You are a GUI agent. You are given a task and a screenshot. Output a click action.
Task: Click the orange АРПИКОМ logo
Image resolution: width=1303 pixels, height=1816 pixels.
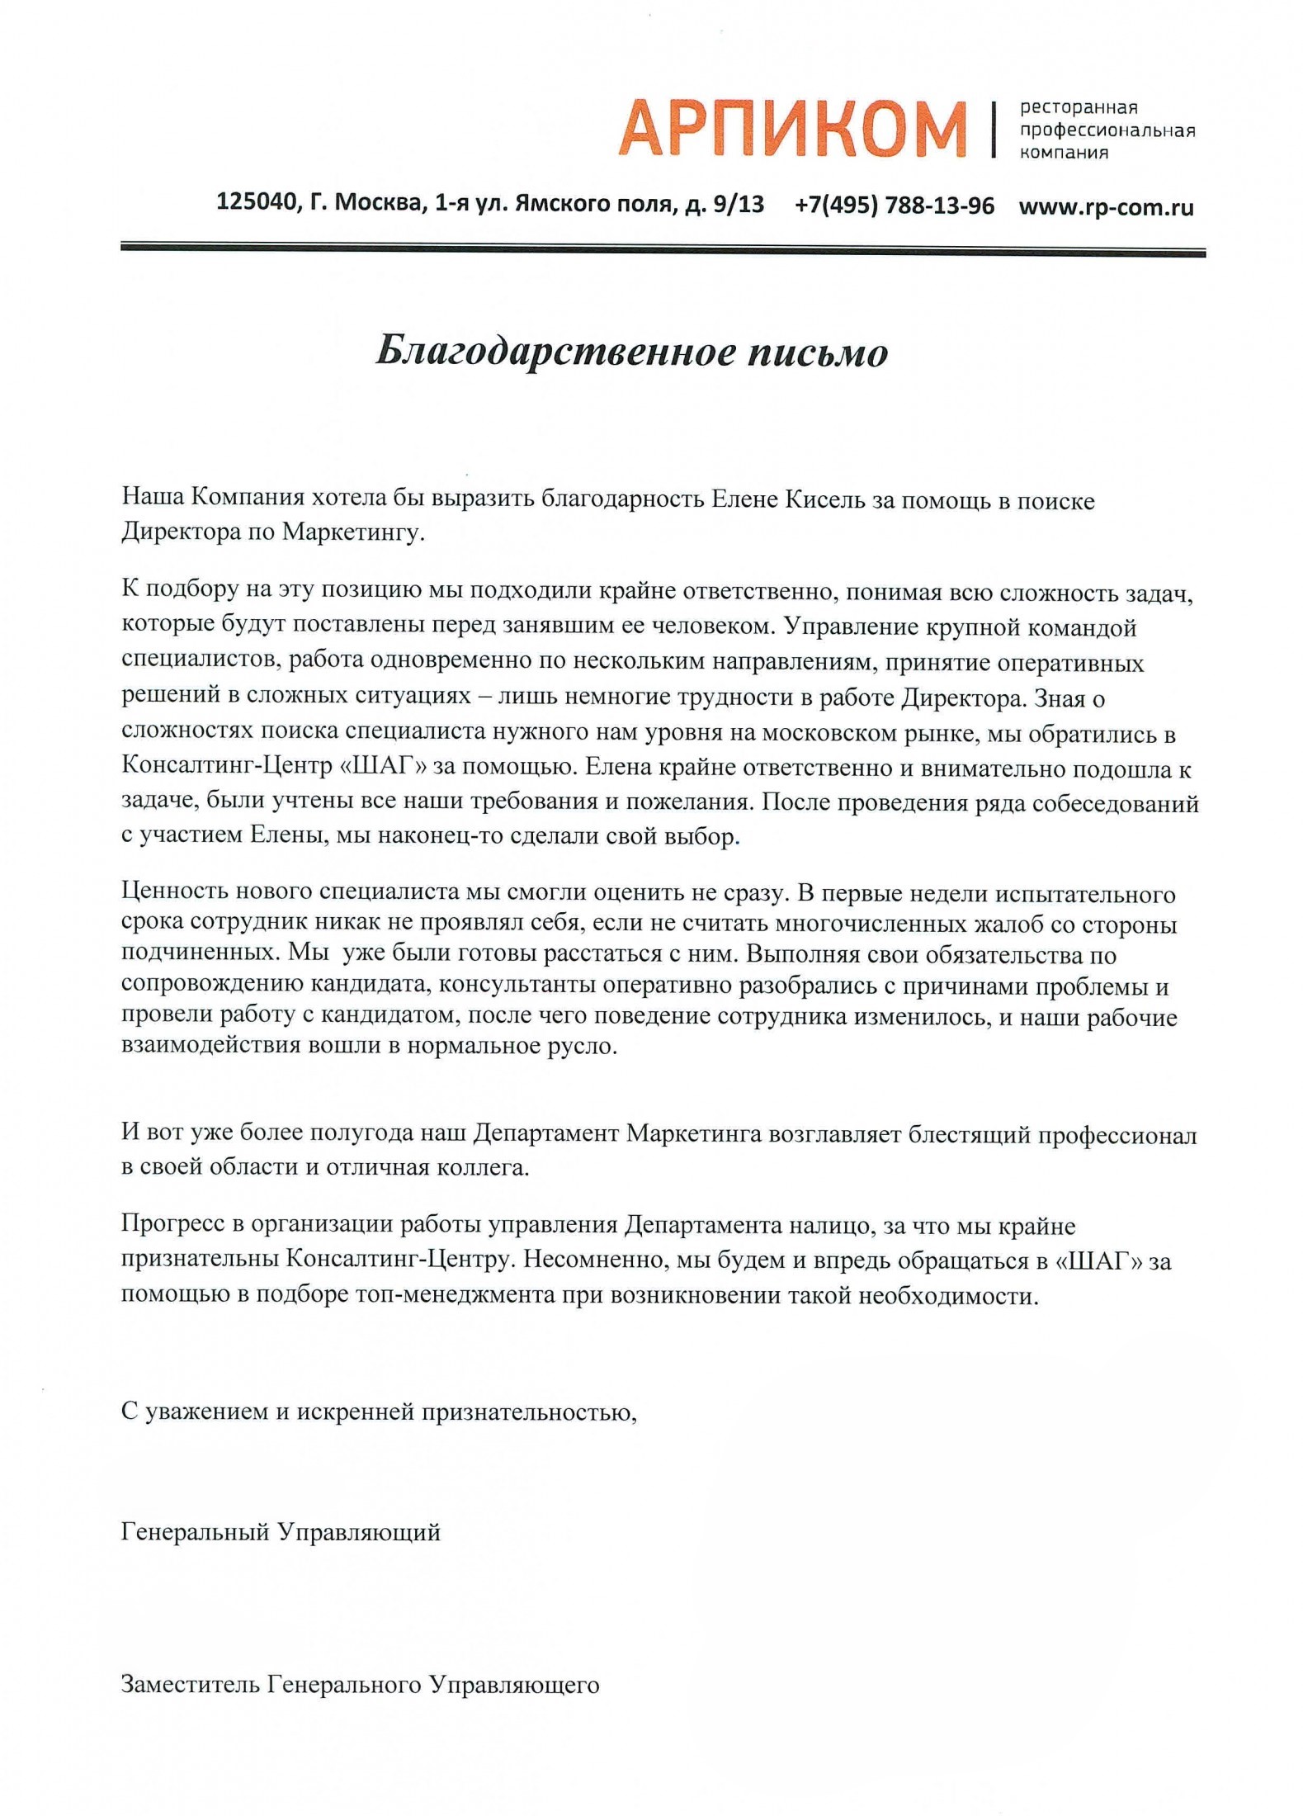click(792, 129)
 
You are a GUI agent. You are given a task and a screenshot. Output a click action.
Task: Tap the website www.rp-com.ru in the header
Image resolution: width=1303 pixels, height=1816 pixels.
click(1106, 206)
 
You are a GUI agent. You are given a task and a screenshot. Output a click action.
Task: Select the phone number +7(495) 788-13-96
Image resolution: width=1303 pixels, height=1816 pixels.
click(895, 205)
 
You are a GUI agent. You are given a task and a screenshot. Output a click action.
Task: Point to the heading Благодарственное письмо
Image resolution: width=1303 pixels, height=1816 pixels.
click(631, 352)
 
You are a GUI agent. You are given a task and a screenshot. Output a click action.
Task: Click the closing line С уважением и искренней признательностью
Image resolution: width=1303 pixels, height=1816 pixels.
click(380, 1412)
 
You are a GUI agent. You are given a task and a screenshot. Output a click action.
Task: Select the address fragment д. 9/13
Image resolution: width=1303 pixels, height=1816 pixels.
click(725, 204)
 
